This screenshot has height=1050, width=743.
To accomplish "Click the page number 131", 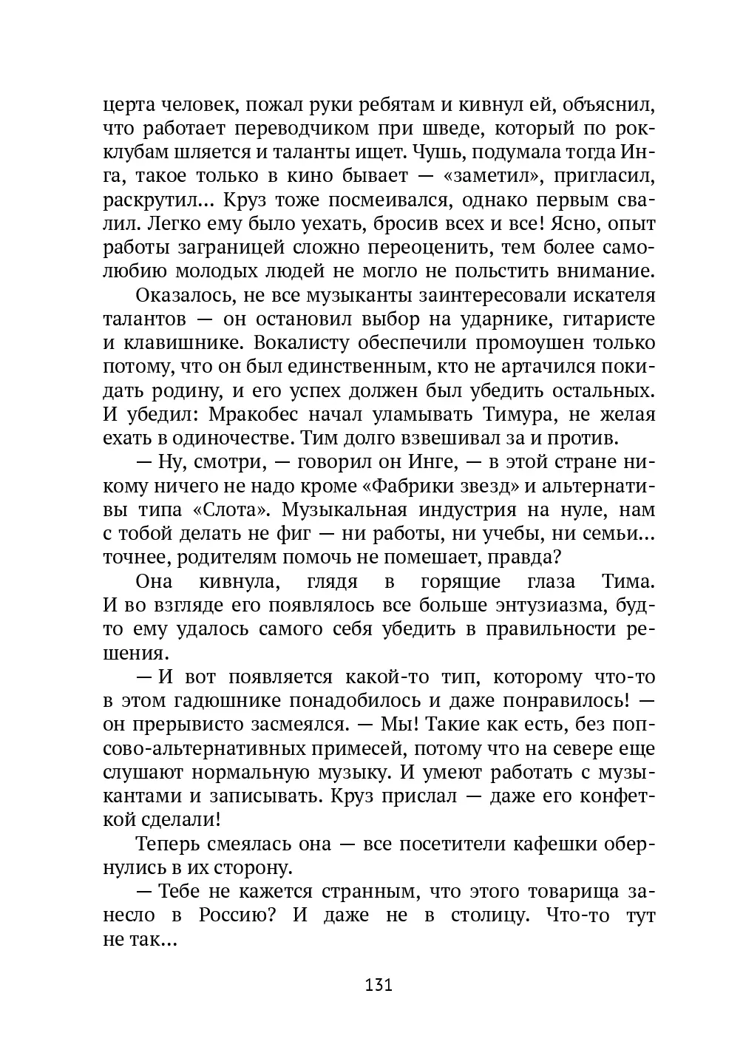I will [x=378, y=985].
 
